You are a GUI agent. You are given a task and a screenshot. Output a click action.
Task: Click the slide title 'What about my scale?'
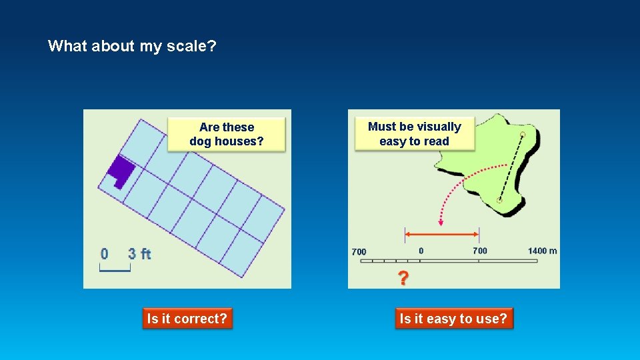(132, 46)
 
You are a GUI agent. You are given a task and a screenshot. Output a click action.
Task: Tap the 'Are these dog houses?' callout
(226, 134)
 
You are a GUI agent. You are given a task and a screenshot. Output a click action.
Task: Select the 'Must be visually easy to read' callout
(414, 134)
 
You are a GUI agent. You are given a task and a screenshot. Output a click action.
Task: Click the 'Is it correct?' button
(187, 319)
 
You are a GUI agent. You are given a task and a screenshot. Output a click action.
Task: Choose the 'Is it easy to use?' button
(453, 319)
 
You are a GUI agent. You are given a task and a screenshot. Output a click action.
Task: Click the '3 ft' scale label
(139, 254)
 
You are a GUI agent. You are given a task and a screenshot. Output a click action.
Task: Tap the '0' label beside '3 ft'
(105, 254)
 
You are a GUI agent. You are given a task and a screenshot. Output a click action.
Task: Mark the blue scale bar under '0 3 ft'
(115, 269)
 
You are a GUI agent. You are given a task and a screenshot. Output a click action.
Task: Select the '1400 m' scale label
(542, 251)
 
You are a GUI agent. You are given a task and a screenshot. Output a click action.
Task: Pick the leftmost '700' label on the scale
(359, 251)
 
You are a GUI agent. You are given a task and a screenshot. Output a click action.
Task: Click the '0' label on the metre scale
(421, 251)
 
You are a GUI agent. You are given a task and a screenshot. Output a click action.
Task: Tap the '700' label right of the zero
(479, 251)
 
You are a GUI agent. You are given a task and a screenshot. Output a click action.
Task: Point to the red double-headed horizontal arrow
(442, 234)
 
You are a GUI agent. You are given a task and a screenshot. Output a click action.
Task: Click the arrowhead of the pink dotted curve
(440, 222)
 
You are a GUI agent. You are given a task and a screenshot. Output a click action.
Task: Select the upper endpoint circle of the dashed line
(522, 135)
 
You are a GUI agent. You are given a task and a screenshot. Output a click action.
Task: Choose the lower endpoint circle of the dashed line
(499, 200)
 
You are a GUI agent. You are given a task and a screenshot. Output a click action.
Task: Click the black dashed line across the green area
(511, 167)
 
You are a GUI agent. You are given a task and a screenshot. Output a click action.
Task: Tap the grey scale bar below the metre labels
(448, 261)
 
